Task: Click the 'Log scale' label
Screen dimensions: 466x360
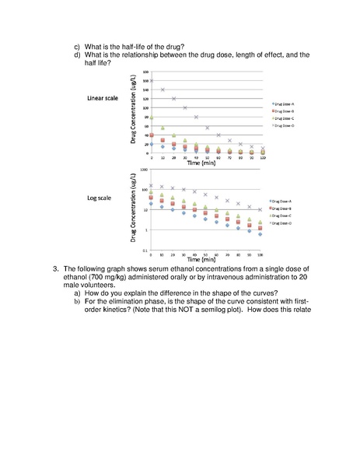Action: pyautogui.click(x=100, y=198)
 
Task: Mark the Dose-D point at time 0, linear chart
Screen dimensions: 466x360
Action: pyautogui.click(x=152, y=80)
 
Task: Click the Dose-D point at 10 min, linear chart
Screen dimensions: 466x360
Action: pyautogui.click(x=163, y=89)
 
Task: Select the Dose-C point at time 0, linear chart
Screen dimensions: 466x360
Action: pyautogui.click(x=152, y=117)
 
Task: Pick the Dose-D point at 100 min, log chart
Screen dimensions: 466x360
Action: pyautogui.click(x=260, y=208)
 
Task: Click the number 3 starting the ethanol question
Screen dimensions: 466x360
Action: pyautogui.click(x=56, y=268)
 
